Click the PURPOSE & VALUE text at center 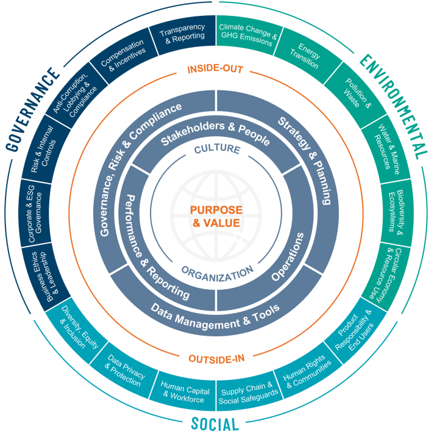[x=216, y=217]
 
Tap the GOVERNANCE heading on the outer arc [x=32, y=110]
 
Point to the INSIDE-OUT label [x=215, y=69]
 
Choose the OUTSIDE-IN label [x=217, y=359]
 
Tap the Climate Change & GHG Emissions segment [x=248, y=35]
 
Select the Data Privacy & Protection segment [x=125, y=371]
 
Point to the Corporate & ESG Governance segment [x=35, y=214]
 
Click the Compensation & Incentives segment [x=124, y=56]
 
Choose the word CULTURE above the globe [x=217, y=149]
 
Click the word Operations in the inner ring [x=288, y=256]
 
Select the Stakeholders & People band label [x=215, y=133]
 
